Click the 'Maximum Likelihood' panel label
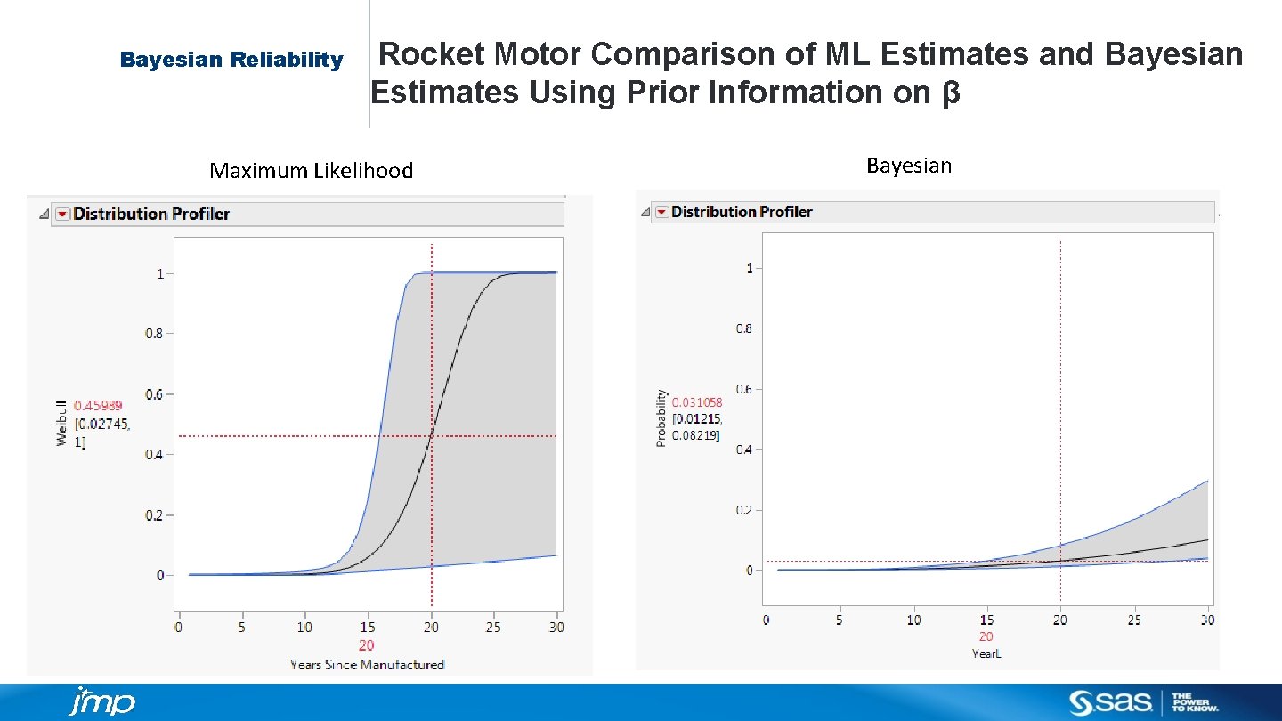(311, 171)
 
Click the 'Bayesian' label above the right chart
(908, 166)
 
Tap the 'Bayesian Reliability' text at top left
(231, 60)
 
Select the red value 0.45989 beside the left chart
(98, 405)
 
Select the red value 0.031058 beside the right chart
(696, 402)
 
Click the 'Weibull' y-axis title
(61, 421)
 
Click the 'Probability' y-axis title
(661, 418)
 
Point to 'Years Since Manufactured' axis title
(367, 665)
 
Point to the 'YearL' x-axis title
(986, 653)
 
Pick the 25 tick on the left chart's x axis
(493, 628)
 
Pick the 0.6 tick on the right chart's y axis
(743, 389)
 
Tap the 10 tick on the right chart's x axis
(913, 620)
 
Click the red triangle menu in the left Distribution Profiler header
(62, 214)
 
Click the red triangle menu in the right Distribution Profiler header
(661, 212)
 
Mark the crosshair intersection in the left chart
(432, 436)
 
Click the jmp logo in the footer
(101, 701)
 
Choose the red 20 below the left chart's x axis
(367, 646)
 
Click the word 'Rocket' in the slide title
(433, 55)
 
